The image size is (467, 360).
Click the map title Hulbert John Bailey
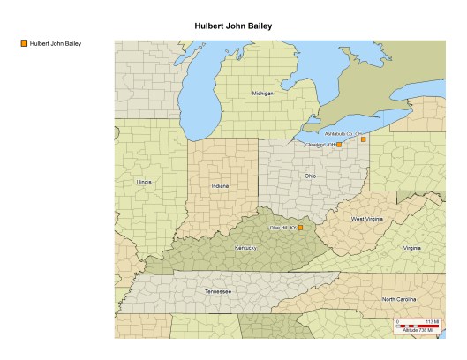click(233, 26)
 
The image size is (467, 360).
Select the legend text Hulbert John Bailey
click(55, 42)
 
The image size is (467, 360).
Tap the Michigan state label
click(263, 93)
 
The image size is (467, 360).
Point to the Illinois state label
click(144, 182)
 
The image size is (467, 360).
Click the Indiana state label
click(220, 186)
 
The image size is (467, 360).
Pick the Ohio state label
click(310, 176)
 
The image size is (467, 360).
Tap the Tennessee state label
click(218, 290)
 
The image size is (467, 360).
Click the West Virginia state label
click(368, 218)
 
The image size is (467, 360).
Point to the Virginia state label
click(411, 248)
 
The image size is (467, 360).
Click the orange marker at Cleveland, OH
click(339, 145)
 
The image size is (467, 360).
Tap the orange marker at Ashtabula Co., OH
click(363, 139)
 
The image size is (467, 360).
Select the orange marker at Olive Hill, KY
click(300, 228)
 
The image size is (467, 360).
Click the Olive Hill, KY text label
click(282, 228)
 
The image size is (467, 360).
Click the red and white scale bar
click(417, 326)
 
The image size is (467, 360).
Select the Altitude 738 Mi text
click(417, 331)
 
